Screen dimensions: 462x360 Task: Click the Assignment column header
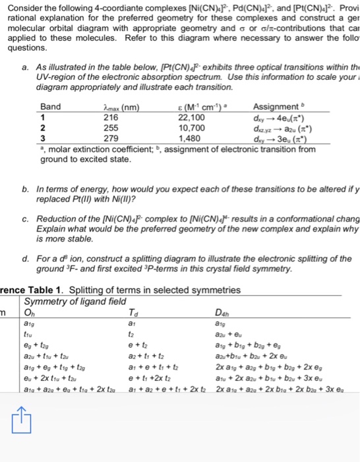276,107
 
